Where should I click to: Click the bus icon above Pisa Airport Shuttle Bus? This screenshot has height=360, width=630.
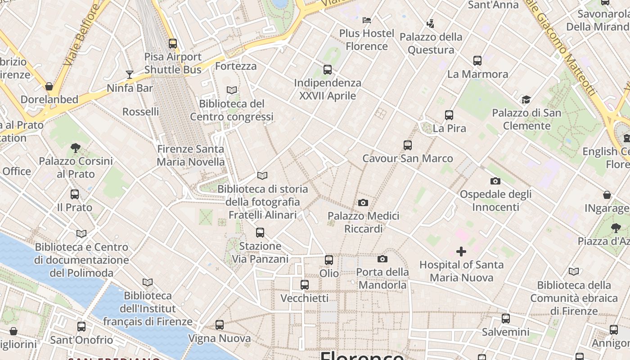pos(173,44)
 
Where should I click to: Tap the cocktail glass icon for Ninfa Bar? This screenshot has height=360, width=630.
pos(130,75)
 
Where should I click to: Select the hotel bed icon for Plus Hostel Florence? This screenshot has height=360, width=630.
pos(367,20)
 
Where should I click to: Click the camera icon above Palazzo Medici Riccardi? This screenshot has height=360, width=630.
pos(363,203)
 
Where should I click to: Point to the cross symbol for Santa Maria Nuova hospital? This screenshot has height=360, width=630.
pos(461,252)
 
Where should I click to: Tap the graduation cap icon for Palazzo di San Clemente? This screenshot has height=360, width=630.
pos(526,100)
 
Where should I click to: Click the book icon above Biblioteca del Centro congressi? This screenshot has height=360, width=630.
pos(232,90)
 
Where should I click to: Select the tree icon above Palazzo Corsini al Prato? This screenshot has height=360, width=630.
pos(76,148)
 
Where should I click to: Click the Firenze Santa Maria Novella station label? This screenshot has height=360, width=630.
pos(190,155)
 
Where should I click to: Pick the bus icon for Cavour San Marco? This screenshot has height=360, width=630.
pos(408,145)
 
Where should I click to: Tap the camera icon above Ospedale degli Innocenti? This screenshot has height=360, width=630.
pos(495,181)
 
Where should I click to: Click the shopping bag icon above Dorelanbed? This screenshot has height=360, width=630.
pos(49,86)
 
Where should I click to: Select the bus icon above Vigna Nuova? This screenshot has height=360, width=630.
pos(220,325)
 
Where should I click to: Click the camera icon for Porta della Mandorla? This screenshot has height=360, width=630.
pos(382,259)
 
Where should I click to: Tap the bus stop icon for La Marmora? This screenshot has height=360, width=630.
pos(477,61)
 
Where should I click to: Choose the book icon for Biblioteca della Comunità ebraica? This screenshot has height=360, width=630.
pos(574,272)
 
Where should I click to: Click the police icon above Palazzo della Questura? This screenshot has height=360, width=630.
pos(431,23)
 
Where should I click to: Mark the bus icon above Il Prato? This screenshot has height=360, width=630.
pos(75,194)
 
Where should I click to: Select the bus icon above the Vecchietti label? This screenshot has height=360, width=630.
pos(305,285)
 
